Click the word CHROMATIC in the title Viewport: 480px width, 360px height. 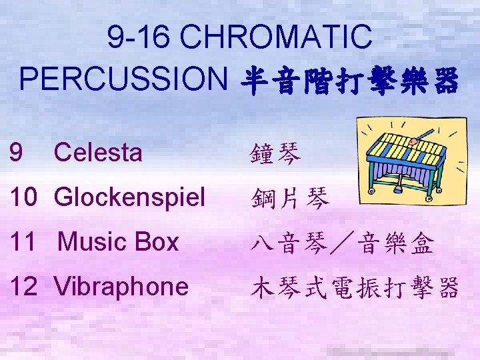[x=277, y=36]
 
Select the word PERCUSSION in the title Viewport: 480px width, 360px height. [x=124, y=81]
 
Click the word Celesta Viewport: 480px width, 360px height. [x=98, y=153]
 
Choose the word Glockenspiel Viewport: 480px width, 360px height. [x=129, y=197]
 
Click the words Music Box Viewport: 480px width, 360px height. [x=118, y=242]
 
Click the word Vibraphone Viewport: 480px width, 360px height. [x=121, y=287]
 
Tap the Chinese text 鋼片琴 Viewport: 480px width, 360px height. [x=289, y=198]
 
